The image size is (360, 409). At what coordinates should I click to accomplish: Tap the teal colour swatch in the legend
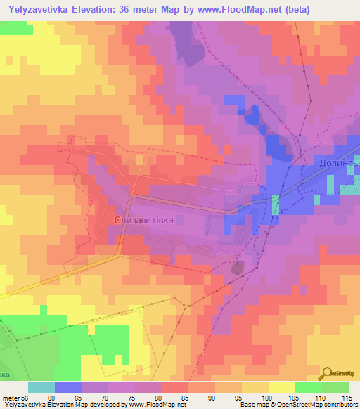41,387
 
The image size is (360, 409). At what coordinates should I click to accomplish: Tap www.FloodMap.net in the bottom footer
152,405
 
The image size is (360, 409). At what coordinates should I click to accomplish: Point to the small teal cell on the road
276,204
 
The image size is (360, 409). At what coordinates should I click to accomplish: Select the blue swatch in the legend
68,387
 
